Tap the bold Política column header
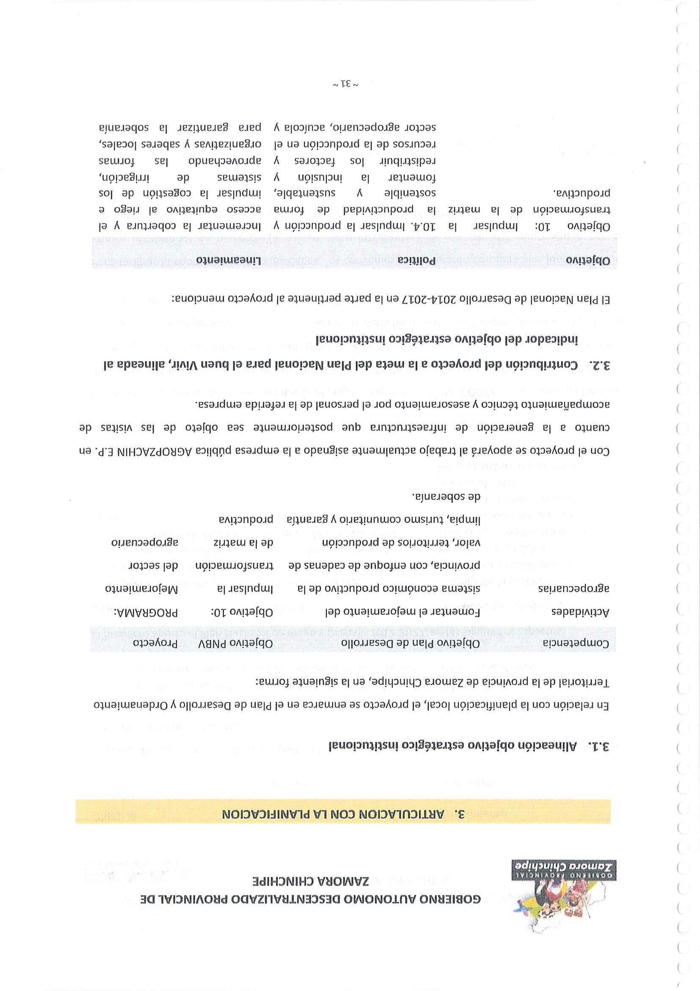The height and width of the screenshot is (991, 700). pyautogui.click(x=416, y=260)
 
